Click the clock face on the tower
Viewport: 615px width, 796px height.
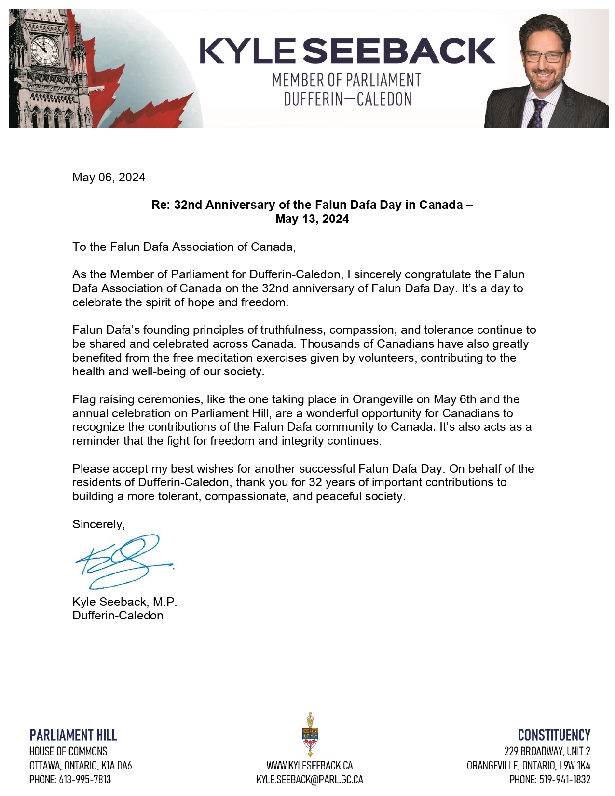click(x=44, y=50)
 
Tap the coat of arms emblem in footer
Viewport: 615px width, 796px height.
click(x=310, y=734)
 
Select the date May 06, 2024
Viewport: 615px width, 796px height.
click(x=109, y=178)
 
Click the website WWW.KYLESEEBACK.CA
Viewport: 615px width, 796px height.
click(x=310, y=765)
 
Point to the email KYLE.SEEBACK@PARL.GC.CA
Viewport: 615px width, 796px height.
click(x=310, y=779)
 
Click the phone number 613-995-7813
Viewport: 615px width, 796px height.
click(x=85, y=779)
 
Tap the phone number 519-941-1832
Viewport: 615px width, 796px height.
click(x=564, y=779)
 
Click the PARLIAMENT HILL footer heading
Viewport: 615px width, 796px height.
click(x=73, y=735)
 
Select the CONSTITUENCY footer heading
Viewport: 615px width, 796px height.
click(x=554, y=735)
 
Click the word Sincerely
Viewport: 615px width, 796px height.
click(x=98, y=524)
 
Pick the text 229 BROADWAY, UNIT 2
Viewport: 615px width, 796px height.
click(x=547, y=751)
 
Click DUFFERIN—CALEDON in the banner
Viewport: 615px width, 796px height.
click(x=347, y=99)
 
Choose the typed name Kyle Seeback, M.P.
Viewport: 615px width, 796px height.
click(x=124, y=602)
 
